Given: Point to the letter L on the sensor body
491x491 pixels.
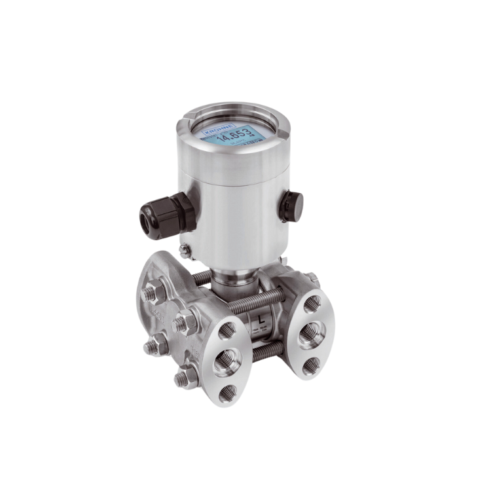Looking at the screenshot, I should click(x=262, y=319).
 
